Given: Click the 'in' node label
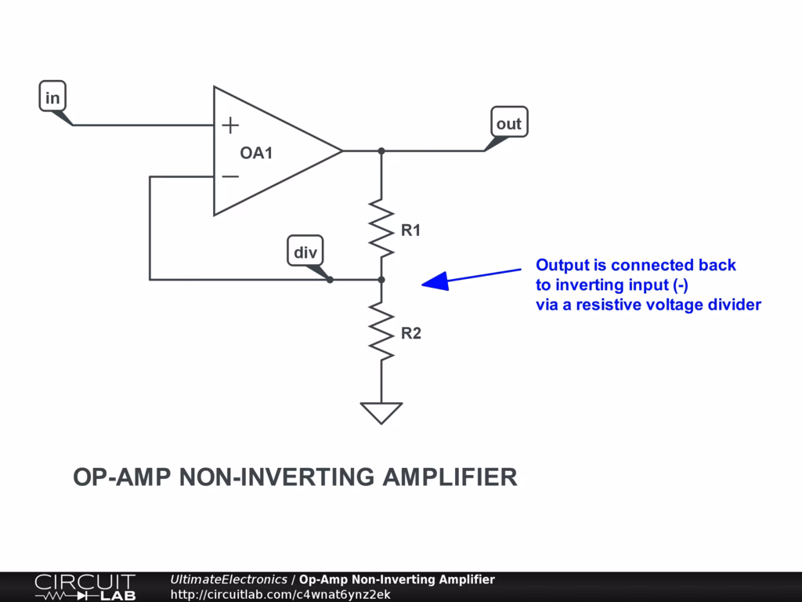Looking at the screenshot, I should pyautogui.click(x=52, y=98).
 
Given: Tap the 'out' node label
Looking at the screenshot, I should pyautogui.click(x=508, y=124).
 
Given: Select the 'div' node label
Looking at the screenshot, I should pyautogui.click(x=305, y=252).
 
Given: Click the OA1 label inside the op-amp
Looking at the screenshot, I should pyautogui.click(x=256, y=153).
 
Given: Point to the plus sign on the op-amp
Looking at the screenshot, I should pyautogui.click(x=230, y=125).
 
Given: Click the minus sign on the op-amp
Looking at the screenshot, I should pyautogui.click(x=230, y=176).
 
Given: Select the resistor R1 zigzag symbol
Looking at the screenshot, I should pyautogui.click(x=381, y=228).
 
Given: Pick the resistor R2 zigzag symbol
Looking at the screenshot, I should pyautogui.click(x=381, y=332).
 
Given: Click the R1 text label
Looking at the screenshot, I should pyautogui.click(x=411, y=230).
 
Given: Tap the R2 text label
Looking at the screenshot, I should pyautogui.click(x=411, y=333).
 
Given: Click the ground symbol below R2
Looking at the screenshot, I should pyautogui.click(x=381, y=412).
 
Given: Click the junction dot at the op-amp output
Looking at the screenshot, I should pyautogui.click(x=381, y=150).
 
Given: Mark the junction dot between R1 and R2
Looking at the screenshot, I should pyautogui.click(x=381, y=279).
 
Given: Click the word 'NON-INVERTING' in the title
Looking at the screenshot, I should pyautogui.click(x=277, y=477).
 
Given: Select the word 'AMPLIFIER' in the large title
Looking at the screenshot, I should pyautogui.click(x=450, y=477).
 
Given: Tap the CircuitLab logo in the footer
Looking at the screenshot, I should pyautogui.click(x=85, y=587).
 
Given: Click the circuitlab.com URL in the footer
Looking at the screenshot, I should pyautogui.click(x=280, y=594).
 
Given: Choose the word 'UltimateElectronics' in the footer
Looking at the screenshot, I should pyautogui.click(x=229, y=580).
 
